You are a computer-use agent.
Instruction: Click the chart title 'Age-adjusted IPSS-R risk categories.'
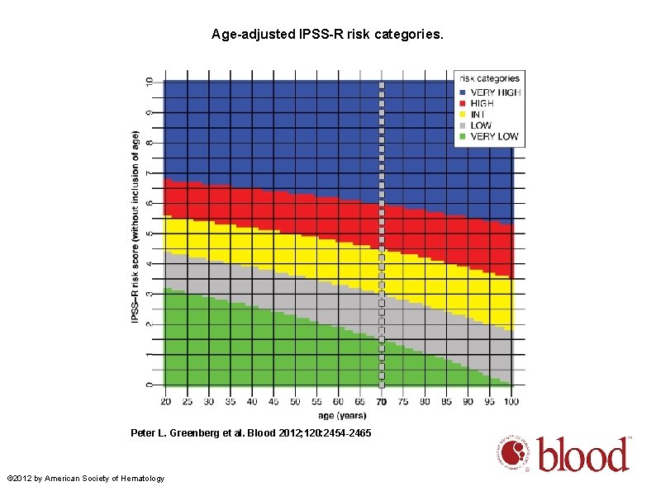(327, 35)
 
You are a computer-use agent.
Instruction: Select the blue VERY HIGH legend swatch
(463, 92)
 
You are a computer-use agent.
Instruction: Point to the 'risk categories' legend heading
(489, 79)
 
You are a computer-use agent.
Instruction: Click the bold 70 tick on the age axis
(381, 402)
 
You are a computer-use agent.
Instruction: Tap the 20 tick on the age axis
(164, 402)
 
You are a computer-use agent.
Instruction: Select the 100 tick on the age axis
(512, 402)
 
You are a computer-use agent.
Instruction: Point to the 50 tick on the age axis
(295, 402)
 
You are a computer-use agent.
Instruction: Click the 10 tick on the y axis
(150, 82)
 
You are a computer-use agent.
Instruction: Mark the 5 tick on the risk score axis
(150, 234)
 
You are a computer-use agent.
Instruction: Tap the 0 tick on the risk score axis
(150, 385)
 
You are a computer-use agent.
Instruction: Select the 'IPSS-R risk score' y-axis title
(135, 224)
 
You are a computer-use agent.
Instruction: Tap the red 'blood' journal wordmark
(584, 455)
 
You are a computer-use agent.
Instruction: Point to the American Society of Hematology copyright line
(85, 479)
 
